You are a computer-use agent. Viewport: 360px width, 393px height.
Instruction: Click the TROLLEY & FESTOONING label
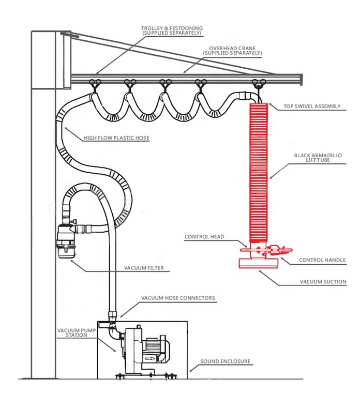tap(172, 31)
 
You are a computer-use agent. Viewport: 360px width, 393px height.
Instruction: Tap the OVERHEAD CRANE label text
tap(232, 50)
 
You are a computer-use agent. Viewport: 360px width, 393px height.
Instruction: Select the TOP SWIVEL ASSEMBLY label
tap(312, 107)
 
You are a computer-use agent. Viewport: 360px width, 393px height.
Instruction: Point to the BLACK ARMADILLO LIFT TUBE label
tap(318, 158)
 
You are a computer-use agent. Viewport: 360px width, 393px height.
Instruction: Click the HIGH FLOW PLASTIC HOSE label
tap(116, 138)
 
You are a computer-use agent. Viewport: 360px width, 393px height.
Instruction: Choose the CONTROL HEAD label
tap(204, 237)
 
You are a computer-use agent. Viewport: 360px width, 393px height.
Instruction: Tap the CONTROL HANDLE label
tap(322, 260)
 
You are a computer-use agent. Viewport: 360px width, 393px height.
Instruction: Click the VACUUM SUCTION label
tap(323, 282)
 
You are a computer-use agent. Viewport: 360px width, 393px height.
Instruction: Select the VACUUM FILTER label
tap(144, 268)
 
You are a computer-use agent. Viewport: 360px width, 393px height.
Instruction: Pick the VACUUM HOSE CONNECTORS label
tap(178, 298)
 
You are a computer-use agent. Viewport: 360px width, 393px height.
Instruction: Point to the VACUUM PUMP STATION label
tap(77, 332)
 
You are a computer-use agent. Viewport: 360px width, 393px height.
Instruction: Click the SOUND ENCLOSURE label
tap(225, 361)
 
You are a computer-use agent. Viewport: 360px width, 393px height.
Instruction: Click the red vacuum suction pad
tap(259, 263)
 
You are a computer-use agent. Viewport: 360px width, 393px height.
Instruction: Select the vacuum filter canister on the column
tap(66, 240)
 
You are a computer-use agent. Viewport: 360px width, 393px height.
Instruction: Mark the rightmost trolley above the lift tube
tap(259, 83)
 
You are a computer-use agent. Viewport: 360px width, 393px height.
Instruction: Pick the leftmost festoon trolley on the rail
tap(95, 84)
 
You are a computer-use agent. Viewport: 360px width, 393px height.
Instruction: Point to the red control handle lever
tap(279, 250)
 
